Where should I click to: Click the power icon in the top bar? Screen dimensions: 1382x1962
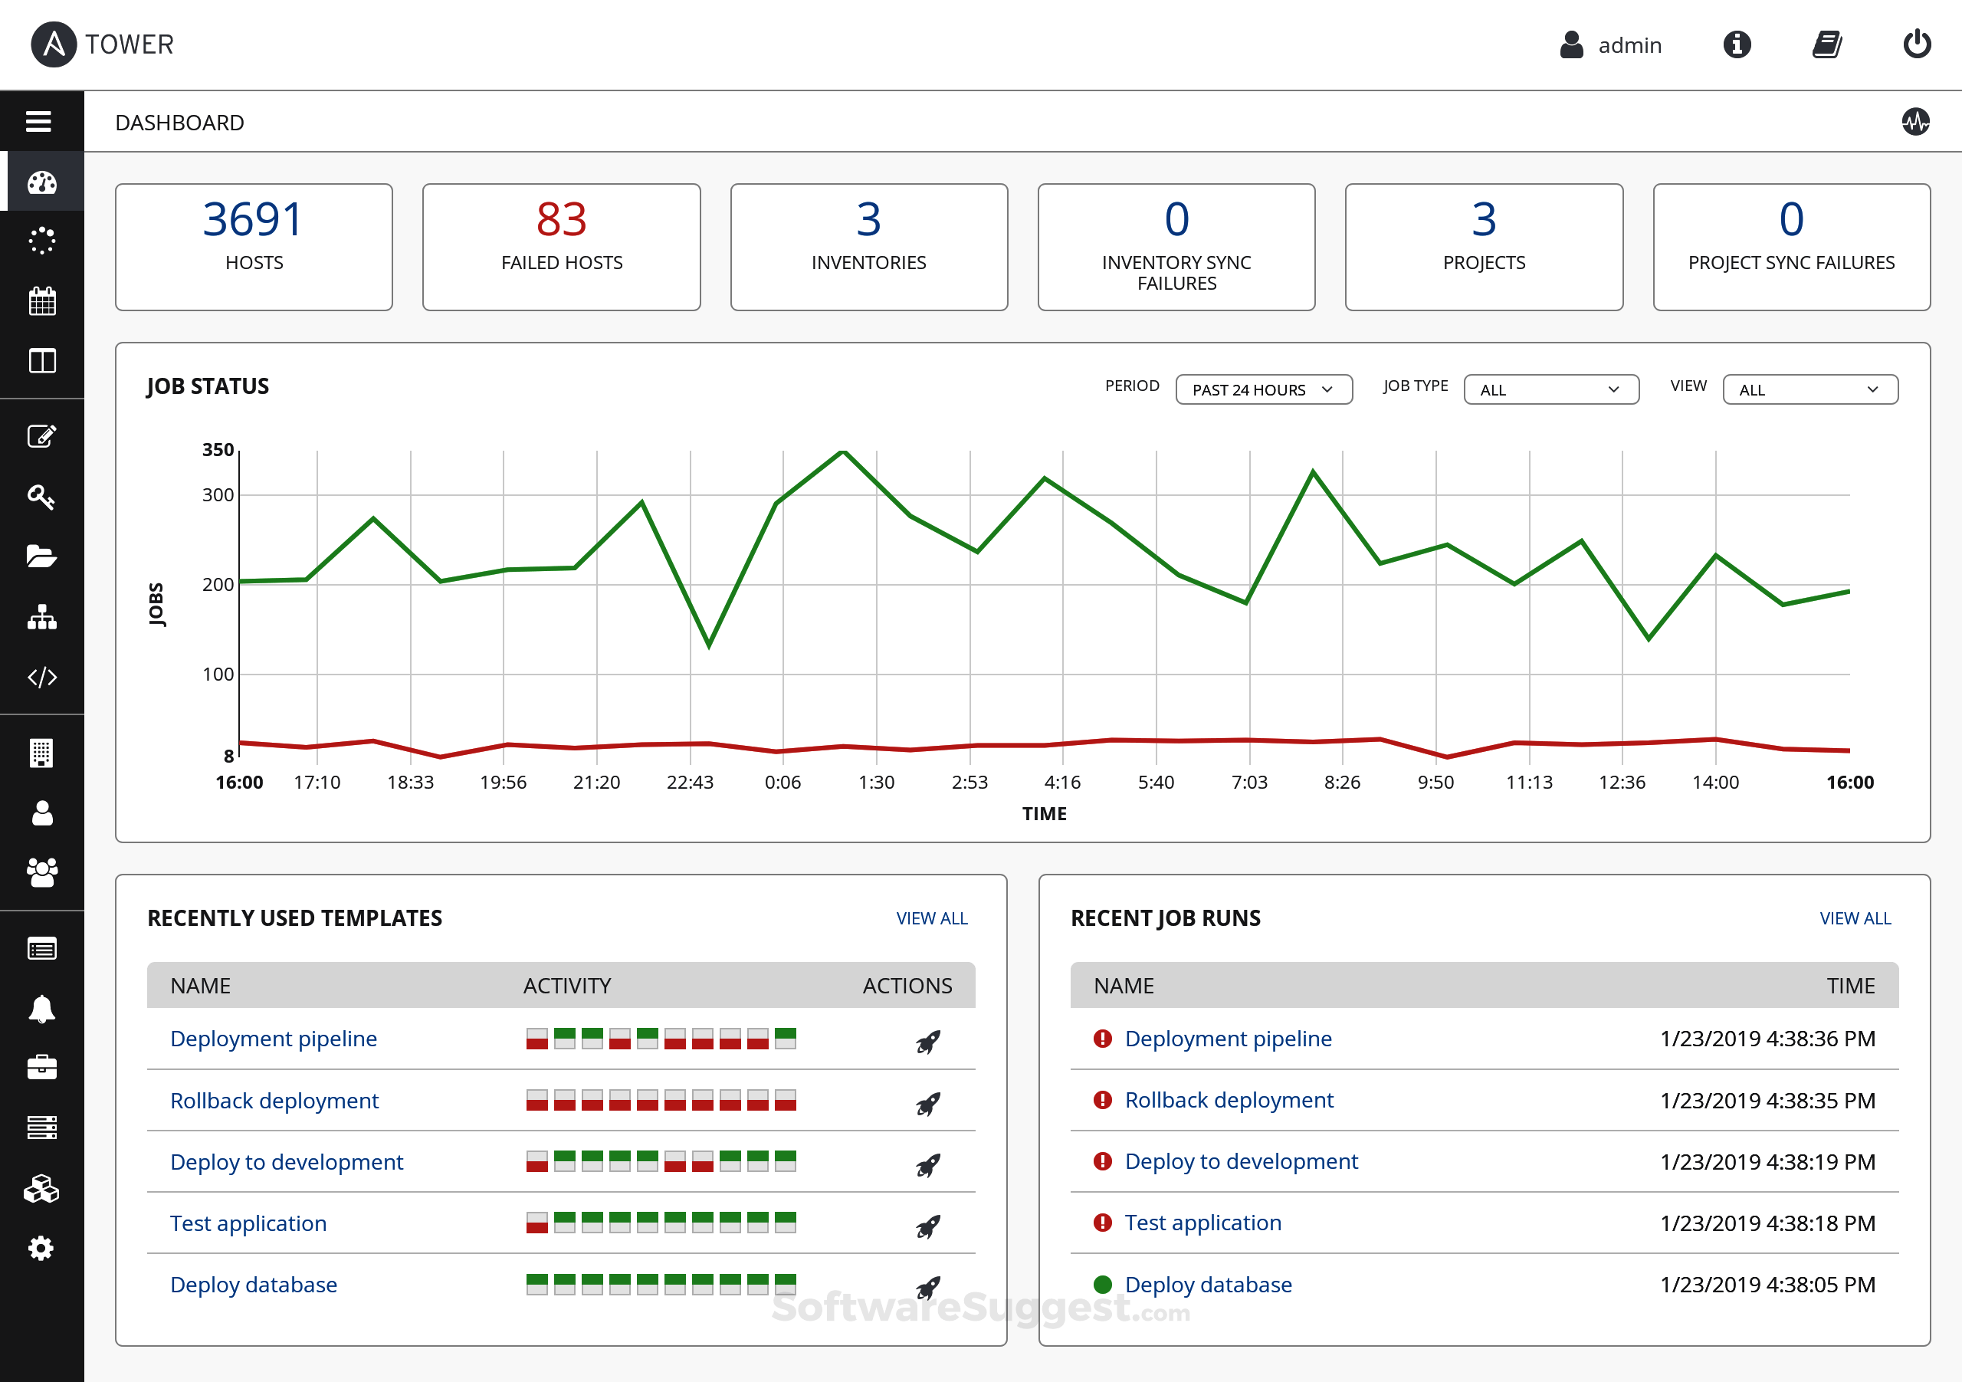pyautogui.click(x=1917, y=44)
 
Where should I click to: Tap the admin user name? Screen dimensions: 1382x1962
pyautogui.click(x=1629, y=45)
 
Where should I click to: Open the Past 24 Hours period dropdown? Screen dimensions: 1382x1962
pyautogui.click(x=1263, y=389)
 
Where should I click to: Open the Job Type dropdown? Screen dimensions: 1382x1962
pyautogui.click(x=1550, y=389)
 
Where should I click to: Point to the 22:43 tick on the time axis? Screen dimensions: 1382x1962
pyautogui.click(x=690, y=782)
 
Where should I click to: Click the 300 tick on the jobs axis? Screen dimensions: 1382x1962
pyautogui.click(x=218, y=495)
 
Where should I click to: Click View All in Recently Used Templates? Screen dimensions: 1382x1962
pyautogui.click(x=931, y=918)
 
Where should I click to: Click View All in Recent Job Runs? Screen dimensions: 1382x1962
pyautogui.click(x=1855, y=918)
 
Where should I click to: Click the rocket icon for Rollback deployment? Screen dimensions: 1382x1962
pyautogui.click(x=928, y=1104)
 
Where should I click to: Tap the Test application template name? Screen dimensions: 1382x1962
pyautogui.click(x=248, y=1223)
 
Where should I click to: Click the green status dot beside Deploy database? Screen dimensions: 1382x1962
pyautogui.click(x=1102, y=1284)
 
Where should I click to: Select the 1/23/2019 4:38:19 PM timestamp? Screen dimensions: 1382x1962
pyautogui.click(x=1767, y=1161)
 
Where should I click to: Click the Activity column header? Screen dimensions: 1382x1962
pyautogui.click(x=566, y=986)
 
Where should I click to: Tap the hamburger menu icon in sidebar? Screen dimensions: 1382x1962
pyautogui.click(x=38, y=121)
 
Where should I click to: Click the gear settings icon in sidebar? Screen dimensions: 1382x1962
pyautogui.click(x=41, y=1248)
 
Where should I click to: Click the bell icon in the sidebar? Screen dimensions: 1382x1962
pyautogui.click(x=42, y=1009)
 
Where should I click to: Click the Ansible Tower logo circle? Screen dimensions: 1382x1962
pyautogui.click(x=54, y=44)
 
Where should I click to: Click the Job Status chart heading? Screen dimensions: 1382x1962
pyautogui.click(x=208, y=386)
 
